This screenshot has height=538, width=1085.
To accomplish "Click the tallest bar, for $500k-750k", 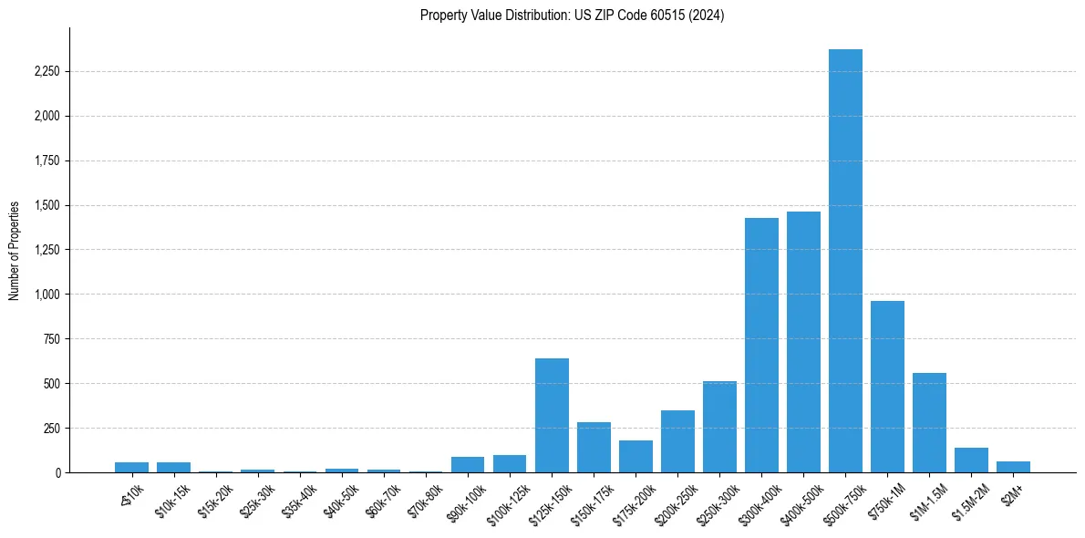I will [845, 261].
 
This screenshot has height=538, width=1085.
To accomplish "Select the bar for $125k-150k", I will [552, 416].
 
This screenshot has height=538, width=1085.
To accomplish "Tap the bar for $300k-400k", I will [761, 346].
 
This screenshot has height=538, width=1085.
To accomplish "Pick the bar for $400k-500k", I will [803, 342].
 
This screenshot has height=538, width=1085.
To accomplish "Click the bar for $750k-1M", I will [887, 387].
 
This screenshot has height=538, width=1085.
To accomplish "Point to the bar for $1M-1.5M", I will [929, 423].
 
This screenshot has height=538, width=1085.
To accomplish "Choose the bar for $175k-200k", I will [635, 457].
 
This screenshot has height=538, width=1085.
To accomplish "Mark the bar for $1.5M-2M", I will [971, 460].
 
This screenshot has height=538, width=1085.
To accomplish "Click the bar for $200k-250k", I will [677, 441].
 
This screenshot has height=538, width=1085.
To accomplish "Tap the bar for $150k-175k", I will [594, 448].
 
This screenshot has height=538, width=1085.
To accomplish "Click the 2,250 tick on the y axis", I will [46, 72].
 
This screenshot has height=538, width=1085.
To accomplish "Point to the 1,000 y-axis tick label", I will [46, 295].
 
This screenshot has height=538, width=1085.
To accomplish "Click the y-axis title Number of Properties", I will [14, 251].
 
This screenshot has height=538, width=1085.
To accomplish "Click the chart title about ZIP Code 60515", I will [572, 16].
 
